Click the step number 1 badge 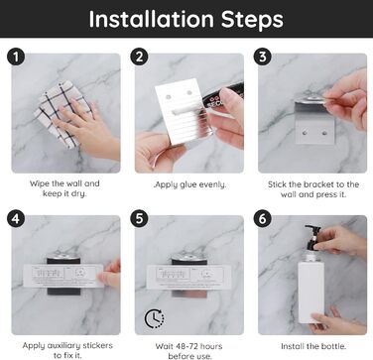coord(16,57)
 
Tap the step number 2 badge coord(139,57)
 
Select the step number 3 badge coord(263,57)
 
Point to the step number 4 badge coord(16,219)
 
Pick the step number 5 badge coord(139,219)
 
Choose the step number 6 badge coord(263,219)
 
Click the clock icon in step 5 coord(154,318)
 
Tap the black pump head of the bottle coord(312,237)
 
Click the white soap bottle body coord(311,291)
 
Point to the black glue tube coord(222,96)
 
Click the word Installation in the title coord(151,19)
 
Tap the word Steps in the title coord(252,20)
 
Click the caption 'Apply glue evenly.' coord(190,184)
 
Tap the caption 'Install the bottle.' coord(313,346)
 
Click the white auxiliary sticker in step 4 coord(63,276)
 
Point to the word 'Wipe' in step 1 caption coord(38,183)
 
